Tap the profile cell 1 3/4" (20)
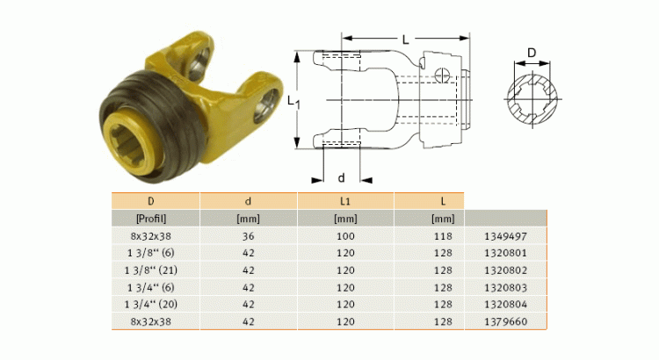(155, 303)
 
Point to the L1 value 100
(345, 236)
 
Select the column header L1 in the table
(345, 201)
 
